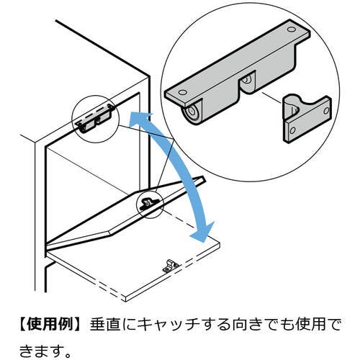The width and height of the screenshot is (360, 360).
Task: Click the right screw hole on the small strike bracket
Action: point(323,111)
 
